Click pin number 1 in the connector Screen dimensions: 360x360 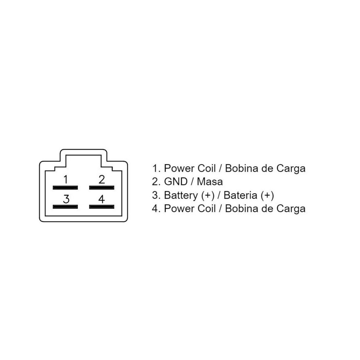click(66, 179)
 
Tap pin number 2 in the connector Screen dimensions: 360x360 click(102, 179)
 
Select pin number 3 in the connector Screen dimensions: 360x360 click(66, 199)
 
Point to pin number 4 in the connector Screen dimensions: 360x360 click(102, 199)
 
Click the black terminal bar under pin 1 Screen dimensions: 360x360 click(65, 188)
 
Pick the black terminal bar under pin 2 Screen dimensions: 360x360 click(102, 188)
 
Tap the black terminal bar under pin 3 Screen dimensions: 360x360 click(65, 207)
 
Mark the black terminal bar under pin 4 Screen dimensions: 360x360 click(102, 207)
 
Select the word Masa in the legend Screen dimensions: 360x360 click(210, 181)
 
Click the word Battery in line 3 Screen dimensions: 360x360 click(181, 195)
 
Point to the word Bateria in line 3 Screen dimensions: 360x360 click(240, 195)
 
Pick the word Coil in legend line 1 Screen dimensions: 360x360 click(207, 168)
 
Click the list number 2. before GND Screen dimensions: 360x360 click(156, 181)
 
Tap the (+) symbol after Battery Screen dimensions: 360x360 click(208, 195)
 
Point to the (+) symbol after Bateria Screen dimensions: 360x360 click(267, 195)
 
